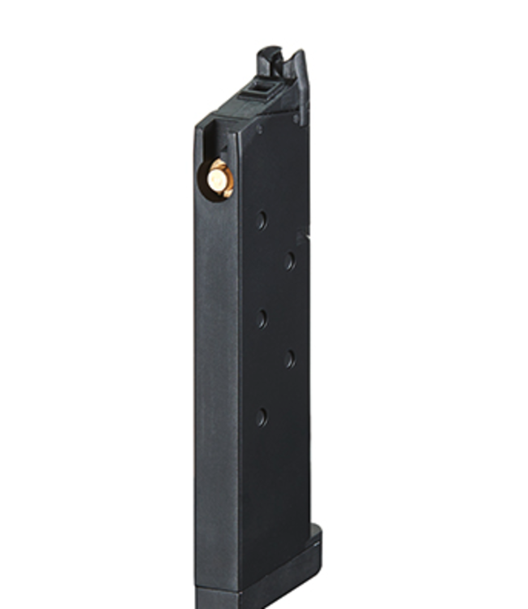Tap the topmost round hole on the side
tap(262, 220)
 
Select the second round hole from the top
tap(289, 260)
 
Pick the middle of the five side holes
tap(262, 319)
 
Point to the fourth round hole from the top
tap(289, 358)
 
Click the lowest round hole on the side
tap(261, 417)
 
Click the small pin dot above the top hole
tap(259, 128)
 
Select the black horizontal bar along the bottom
tap(264, 606)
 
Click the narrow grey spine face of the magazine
tap(213, 365)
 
